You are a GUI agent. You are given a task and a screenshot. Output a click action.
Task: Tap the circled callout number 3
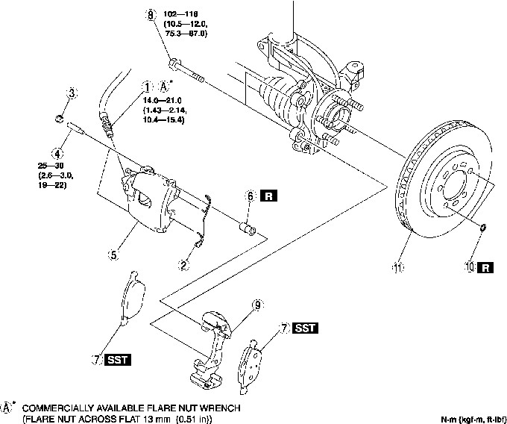72,93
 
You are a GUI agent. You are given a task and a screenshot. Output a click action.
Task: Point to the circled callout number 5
113,255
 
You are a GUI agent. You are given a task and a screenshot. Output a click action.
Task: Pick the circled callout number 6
251,196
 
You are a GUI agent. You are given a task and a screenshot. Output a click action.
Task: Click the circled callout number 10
469,266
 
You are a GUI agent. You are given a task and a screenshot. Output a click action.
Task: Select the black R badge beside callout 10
486,266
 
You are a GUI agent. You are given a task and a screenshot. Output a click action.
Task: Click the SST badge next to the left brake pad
117,360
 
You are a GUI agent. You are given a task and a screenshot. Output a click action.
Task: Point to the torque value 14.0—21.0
166,98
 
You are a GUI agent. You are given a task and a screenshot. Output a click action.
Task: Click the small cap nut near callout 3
58,119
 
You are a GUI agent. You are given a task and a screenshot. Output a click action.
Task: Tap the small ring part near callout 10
484,227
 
